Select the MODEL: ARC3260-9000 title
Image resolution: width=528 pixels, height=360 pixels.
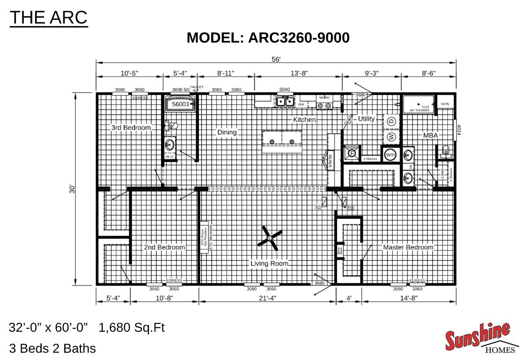268,38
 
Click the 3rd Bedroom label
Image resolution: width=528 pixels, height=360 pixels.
130,128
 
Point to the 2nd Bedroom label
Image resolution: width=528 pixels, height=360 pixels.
165,247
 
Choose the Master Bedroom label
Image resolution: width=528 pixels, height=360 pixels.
408,247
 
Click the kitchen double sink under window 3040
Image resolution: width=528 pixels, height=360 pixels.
285,102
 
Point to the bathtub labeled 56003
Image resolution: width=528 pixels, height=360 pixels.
180,104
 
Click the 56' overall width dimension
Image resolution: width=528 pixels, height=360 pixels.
276,59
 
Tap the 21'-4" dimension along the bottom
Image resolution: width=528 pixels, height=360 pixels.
267,298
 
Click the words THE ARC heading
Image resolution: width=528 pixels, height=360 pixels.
48,18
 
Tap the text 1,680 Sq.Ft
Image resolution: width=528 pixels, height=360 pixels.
132,328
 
